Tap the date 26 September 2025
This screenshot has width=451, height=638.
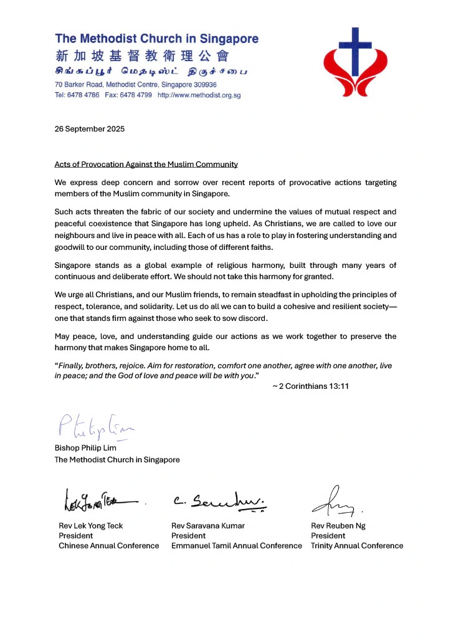click(x=90, y=129)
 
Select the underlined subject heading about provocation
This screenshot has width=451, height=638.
click(x=146, y=164)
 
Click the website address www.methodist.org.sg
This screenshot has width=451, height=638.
click(x=199, y=95)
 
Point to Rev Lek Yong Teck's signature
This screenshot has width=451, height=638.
click(x=100, y=499)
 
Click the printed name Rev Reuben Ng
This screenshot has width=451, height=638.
click(x=338, y=526)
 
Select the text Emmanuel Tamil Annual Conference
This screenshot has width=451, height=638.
click(x=236, y=546)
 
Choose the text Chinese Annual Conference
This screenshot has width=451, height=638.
click(x=108, y=546)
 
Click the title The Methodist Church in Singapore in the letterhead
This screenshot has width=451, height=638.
click(x=156, y=39)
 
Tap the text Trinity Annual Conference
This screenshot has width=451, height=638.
click(x=357, y=546)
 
